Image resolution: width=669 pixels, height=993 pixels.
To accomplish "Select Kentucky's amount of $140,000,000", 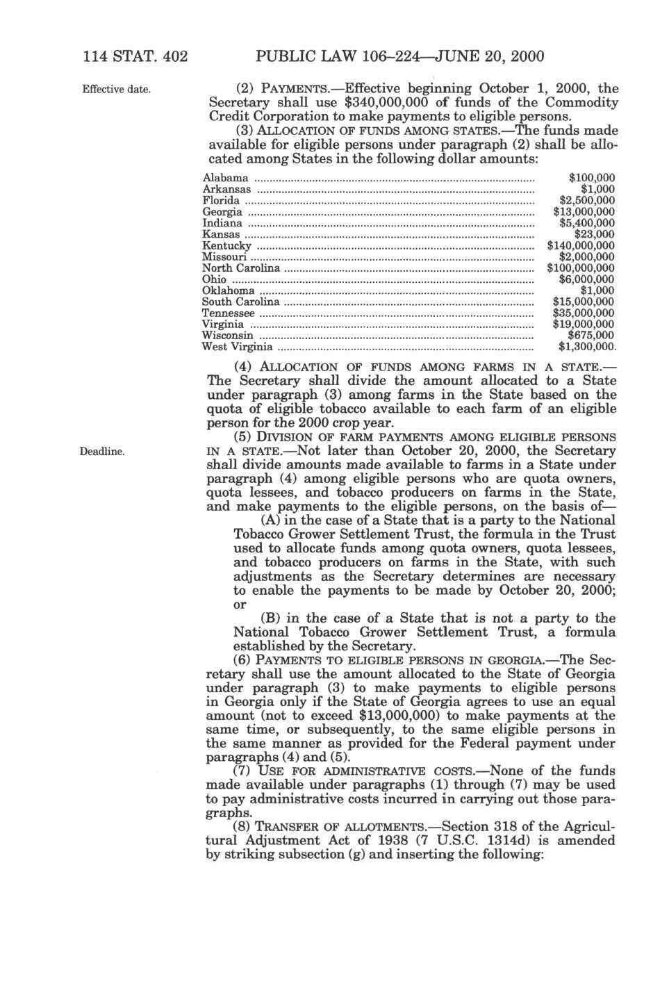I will coord(580,245).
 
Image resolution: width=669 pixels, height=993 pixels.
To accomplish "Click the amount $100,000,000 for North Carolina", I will coord(580,268).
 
